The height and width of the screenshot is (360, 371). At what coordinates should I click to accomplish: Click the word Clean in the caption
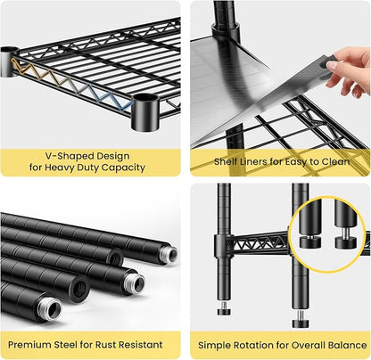335,161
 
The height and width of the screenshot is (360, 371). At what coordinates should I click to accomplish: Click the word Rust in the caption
105,345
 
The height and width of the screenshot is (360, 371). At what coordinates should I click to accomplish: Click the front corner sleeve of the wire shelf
145,112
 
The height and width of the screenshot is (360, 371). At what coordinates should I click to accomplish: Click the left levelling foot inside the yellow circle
310,241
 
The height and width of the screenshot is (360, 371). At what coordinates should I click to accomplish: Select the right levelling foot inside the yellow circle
345,241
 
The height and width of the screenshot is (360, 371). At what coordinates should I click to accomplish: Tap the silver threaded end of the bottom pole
53,310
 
